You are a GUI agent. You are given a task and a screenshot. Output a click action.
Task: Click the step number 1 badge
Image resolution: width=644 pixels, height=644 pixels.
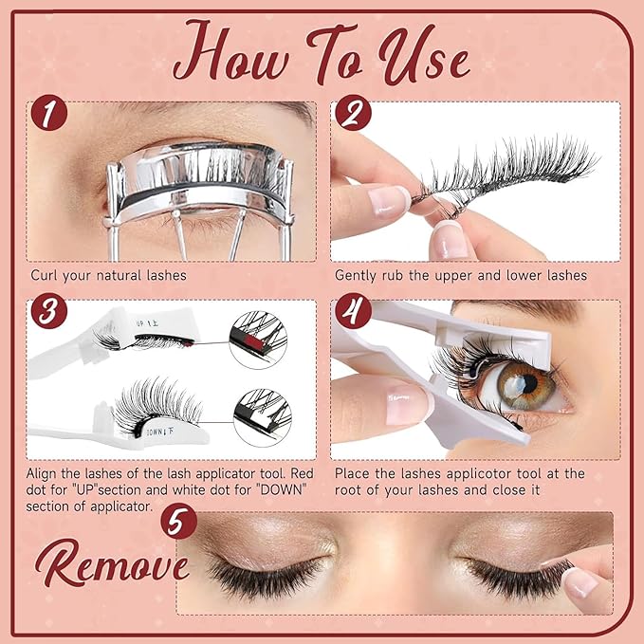coord(49,115)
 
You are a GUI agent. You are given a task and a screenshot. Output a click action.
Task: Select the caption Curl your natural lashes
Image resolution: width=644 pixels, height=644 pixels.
coord(108,276)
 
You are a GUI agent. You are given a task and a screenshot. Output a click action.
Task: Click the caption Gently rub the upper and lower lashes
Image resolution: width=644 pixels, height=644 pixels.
coord(461,276)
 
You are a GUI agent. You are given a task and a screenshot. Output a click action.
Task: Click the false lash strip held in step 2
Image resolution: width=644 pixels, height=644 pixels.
coord(503,171)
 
